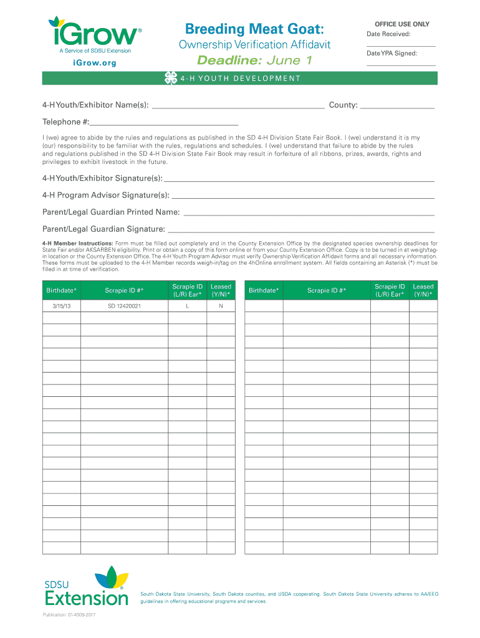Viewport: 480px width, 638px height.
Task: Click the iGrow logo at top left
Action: coord(94,34)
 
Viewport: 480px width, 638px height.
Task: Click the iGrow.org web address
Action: coord(94,64)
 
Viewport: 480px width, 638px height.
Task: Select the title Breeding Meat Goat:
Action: coord(254,29)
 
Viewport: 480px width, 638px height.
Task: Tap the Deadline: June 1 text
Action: coord(254,60)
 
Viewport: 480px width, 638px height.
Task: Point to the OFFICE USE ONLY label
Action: coord(401,24)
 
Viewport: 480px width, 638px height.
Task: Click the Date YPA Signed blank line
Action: coord(401,65)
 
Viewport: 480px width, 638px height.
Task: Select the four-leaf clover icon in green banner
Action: coord(170,79)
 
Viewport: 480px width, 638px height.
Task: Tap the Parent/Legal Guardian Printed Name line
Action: coord(309,214)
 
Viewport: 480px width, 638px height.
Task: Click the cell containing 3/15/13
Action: coord(62,307)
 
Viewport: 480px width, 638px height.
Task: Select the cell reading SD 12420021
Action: coord(124,307)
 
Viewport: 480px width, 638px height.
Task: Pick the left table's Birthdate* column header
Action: coord(62,290)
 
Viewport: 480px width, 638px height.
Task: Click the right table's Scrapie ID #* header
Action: coord(326,290)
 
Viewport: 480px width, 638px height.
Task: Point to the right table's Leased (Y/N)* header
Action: coord(423,290)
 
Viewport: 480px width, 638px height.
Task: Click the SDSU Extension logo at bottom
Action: coord(87,586)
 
